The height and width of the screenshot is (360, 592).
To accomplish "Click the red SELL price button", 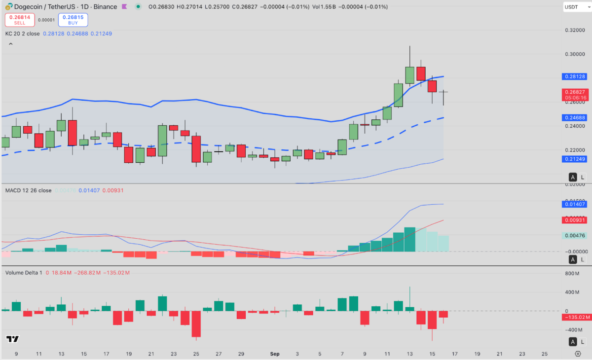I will pos(19,20).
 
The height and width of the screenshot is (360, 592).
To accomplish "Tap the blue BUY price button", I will pos(73,20).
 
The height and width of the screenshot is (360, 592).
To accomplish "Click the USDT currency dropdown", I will pos(575,7).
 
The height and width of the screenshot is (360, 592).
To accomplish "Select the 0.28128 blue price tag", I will pos(574,76).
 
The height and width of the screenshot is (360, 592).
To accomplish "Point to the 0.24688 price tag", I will pos(574,118).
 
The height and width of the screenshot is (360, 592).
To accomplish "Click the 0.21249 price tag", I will pos(574,159).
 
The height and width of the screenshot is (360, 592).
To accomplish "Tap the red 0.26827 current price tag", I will pos(574,94).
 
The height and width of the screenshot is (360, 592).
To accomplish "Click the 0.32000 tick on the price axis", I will pos(574,30).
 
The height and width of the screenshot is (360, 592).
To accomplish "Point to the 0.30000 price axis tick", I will pos(574,54).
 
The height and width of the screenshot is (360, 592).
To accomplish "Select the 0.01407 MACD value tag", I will pos(574,204).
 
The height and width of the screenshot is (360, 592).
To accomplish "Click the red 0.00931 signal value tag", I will pos(574,220).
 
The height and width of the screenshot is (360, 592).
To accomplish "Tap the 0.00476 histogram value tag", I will pos(574,236).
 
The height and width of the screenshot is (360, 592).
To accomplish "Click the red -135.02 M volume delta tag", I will pos(574,317).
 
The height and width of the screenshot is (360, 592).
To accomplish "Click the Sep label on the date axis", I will pos(275,354).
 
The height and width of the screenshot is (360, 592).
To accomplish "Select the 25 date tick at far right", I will pos(545,354).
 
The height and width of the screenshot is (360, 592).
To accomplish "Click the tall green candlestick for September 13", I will pos(409,75).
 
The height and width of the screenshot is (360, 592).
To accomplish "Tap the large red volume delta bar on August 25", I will pos(196,323).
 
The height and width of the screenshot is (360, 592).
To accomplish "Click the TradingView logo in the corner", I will pos(12,339).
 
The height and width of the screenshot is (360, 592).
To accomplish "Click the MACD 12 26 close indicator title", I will pos(28,190).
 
